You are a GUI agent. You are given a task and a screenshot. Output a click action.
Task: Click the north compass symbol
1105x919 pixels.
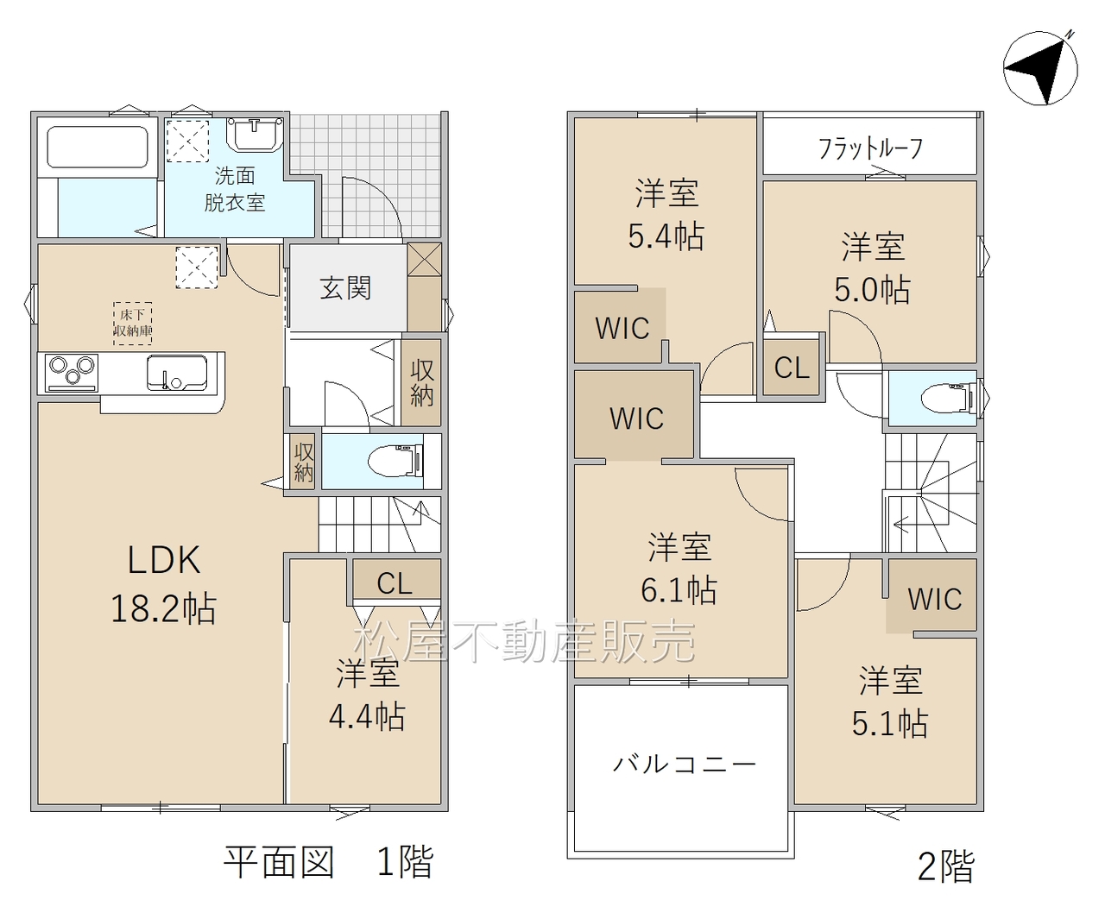coord(1040,67)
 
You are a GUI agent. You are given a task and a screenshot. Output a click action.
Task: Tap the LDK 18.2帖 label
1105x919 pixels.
coord(163,584)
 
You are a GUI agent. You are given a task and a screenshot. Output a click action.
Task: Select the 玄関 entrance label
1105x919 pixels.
coord(345,288)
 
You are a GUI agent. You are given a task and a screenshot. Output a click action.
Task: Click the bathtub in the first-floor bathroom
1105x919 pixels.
coord(98,148)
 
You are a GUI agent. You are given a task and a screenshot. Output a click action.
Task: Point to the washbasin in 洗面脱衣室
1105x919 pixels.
coord(254,134)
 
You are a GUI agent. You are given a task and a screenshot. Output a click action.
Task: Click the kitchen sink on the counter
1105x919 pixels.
coord(176,374)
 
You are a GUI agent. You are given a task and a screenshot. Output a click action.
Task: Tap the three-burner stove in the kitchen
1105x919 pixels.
coord(72,373)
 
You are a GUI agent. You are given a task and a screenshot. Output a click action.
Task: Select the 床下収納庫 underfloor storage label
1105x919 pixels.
coord(133,323)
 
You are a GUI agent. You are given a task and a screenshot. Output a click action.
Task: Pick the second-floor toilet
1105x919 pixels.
coord(945,399)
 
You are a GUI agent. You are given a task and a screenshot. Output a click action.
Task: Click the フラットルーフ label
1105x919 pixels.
coord(870,149)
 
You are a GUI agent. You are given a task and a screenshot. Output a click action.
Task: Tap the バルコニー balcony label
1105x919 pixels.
coord(684,764)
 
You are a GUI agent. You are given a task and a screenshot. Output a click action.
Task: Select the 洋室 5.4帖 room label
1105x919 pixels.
coord(666,215)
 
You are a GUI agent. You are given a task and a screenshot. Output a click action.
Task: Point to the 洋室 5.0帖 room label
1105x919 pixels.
coord(872,268)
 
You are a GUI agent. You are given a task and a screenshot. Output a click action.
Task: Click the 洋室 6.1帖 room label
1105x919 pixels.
coord(679,569)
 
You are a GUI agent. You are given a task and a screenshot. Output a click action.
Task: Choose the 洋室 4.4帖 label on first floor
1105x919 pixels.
coord(367,695)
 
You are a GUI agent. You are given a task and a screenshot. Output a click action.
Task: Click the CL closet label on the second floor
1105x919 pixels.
coord(792,368)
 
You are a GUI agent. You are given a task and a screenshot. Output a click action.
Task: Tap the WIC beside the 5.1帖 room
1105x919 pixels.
coord(934,599)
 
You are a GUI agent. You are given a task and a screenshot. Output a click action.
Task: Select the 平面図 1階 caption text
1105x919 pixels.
coord(328,862)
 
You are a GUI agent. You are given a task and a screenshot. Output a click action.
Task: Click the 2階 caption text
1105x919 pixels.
coord(945,866)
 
